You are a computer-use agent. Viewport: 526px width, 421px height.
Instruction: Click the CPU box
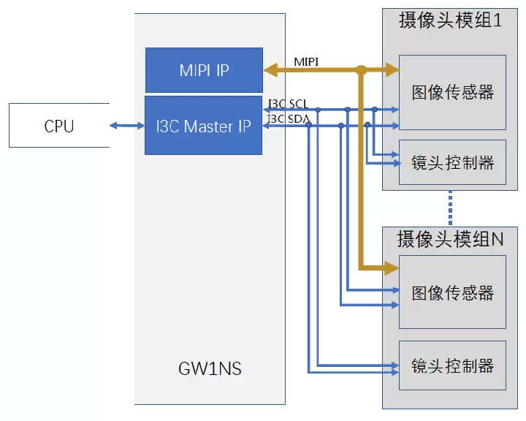[59, 126]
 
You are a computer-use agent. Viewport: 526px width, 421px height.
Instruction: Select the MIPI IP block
[204, 71]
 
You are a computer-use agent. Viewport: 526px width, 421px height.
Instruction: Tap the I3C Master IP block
[204, 126]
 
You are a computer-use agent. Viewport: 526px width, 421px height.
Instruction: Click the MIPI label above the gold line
[306, 61]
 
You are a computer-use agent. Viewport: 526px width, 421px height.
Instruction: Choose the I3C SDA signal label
[287, 118]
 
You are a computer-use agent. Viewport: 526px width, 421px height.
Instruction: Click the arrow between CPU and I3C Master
[127, 126]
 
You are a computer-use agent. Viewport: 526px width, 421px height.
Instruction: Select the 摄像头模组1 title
[450, 20]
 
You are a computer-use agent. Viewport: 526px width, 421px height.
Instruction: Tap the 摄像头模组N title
[451, 239]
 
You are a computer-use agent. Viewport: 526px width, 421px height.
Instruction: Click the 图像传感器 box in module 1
[453, 92]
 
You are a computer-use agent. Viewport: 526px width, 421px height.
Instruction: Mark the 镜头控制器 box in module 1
[453, 162]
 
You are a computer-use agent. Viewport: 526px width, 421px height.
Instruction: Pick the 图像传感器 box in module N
[453, 292]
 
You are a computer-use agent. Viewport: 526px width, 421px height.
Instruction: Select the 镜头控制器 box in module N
[453, 365]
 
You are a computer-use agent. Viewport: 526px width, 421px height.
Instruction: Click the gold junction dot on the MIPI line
[361, 70]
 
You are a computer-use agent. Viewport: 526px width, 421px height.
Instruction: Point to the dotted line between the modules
[451, 208]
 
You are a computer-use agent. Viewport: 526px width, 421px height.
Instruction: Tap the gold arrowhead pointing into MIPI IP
[270, 70]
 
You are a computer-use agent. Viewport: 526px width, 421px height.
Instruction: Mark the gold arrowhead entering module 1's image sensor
[392, 70]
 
